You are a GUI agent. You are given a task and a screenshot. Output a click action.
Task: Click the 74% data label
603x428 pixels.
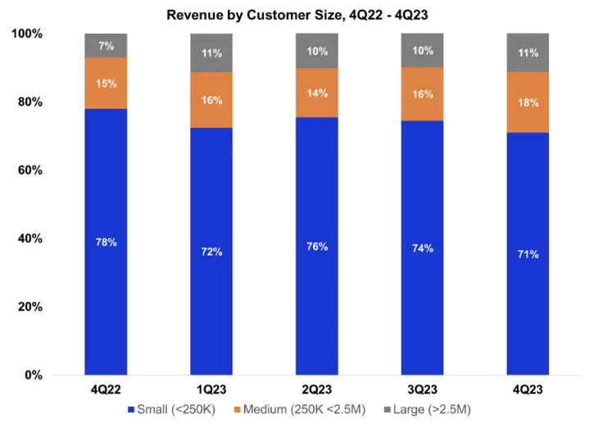click(423, 248)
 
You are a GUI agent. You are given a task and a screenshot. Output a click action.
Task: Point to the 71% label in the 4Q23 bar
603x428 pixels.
click(528, 254)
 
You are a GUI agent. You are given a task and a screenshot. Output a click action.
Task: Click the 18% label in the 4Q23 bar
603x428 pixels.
click(528, 102)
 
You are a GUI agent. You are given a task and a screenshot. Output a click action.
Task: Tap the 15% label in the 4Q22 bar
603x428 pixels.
click(106, 83)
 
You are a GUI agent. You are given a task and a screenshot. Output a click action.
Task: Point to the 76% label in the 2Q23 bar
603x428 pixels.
click(317, 247)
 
